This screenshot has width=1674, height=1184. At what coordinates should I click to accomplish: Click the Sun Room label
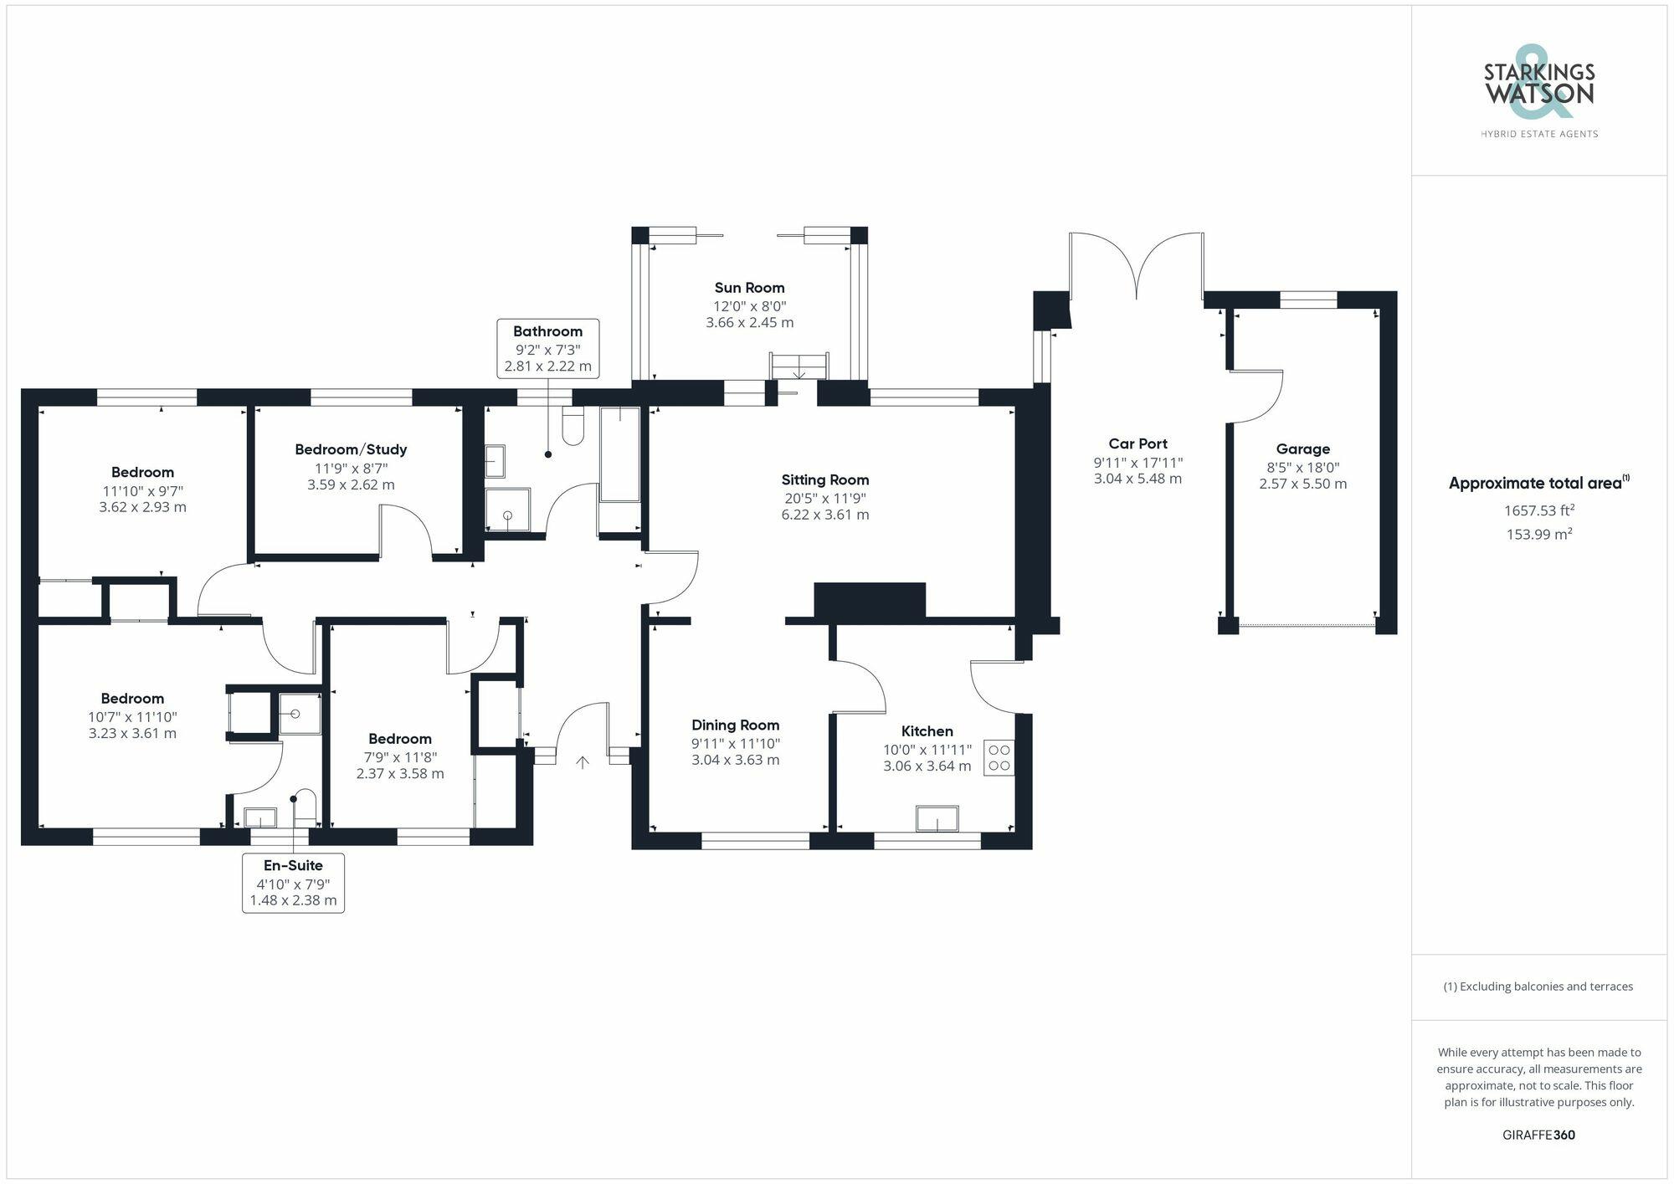[x=749, y=288]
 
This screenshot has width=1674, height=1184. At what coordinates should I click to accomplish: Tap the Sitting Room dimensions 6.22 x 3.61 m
[x=825, y=515]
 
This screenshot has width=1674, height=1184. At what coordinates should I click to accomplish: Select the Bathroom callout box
[x=548, y=348]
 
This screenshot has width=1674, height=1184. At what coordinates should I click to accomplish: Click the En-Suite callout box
[x=293, y=883]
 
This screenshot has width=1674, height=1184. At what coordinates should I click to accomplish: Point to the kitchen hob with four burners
[x=999, y=758]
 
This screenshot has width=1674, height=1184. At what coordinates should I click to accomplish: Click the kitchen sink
[x=937, y=818]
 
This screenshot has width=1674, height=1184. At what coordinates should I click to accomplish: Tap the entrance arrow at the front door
[x=583, y=762]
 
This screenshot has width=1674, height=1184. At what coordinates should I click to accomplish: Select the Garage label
[x=1303, y=449]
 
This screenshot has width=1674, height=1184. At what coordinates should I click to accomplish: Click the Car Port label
[x=1137, y=444]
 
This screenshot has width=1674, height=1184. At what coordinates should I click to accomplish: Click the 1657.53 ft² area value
[x=1539, y=510]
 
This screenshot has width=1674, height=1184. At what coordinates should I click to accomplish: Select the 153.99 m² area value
[x=1539, y=535]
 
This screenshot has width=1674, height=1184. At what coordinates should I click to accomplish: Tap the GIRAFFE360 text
[x=1539, y=1135]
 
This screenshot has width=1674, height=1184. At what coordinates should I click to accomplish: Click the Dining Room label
[x=735, y=725]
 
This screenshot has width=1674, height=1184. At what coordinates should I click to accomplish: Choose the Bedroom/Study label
[x=351, y=450]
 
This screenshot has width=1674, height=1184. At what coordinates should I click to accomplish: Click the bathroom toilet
[x=573, y=427]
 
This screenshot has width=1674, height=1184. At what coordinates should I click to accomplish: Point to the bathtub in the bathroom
[x=619, y=456]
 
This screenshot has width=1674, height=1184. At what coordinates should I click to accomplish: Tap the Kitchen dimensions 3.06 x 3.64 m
[x=927, y=766]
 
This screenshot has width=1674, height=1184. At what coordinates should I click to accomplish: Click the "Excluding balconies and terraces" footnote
[x=1538, y=987]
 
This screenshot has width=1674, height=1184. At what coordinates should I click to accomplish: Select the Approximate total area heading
[x=1538, y=483]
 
